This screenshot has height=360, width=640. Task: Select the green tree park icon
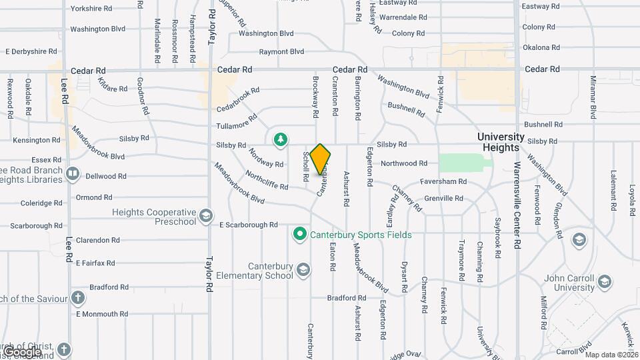(281, 139)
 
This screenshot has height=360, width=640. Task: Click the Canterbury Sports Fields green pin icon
(300, 235)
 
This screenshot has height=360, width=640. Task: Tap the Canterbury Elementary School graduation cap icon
(303, 269)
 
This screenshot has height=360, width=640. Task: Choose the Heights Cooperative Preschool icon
(207, 216)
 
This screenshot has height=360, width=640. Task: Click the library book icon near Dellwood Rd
(73, 175)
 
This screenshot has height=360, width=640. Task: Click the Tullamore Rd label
(237, 125)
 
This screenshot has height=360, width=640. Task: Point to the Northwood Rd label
(403, 163)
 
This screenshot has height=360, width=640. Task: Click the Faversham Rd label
(443, 181)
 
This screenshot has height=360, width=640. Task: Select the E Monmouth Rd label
(102, 314)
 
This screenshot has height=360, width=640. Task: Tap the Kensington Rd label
(36, 140)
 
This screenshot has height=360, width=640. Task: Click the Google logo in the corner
(22, 351)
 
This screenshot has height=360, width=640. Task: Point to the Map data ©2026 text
(611, 355)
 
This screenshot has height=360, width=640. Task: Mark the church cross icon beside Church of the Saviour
(78, 297)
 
